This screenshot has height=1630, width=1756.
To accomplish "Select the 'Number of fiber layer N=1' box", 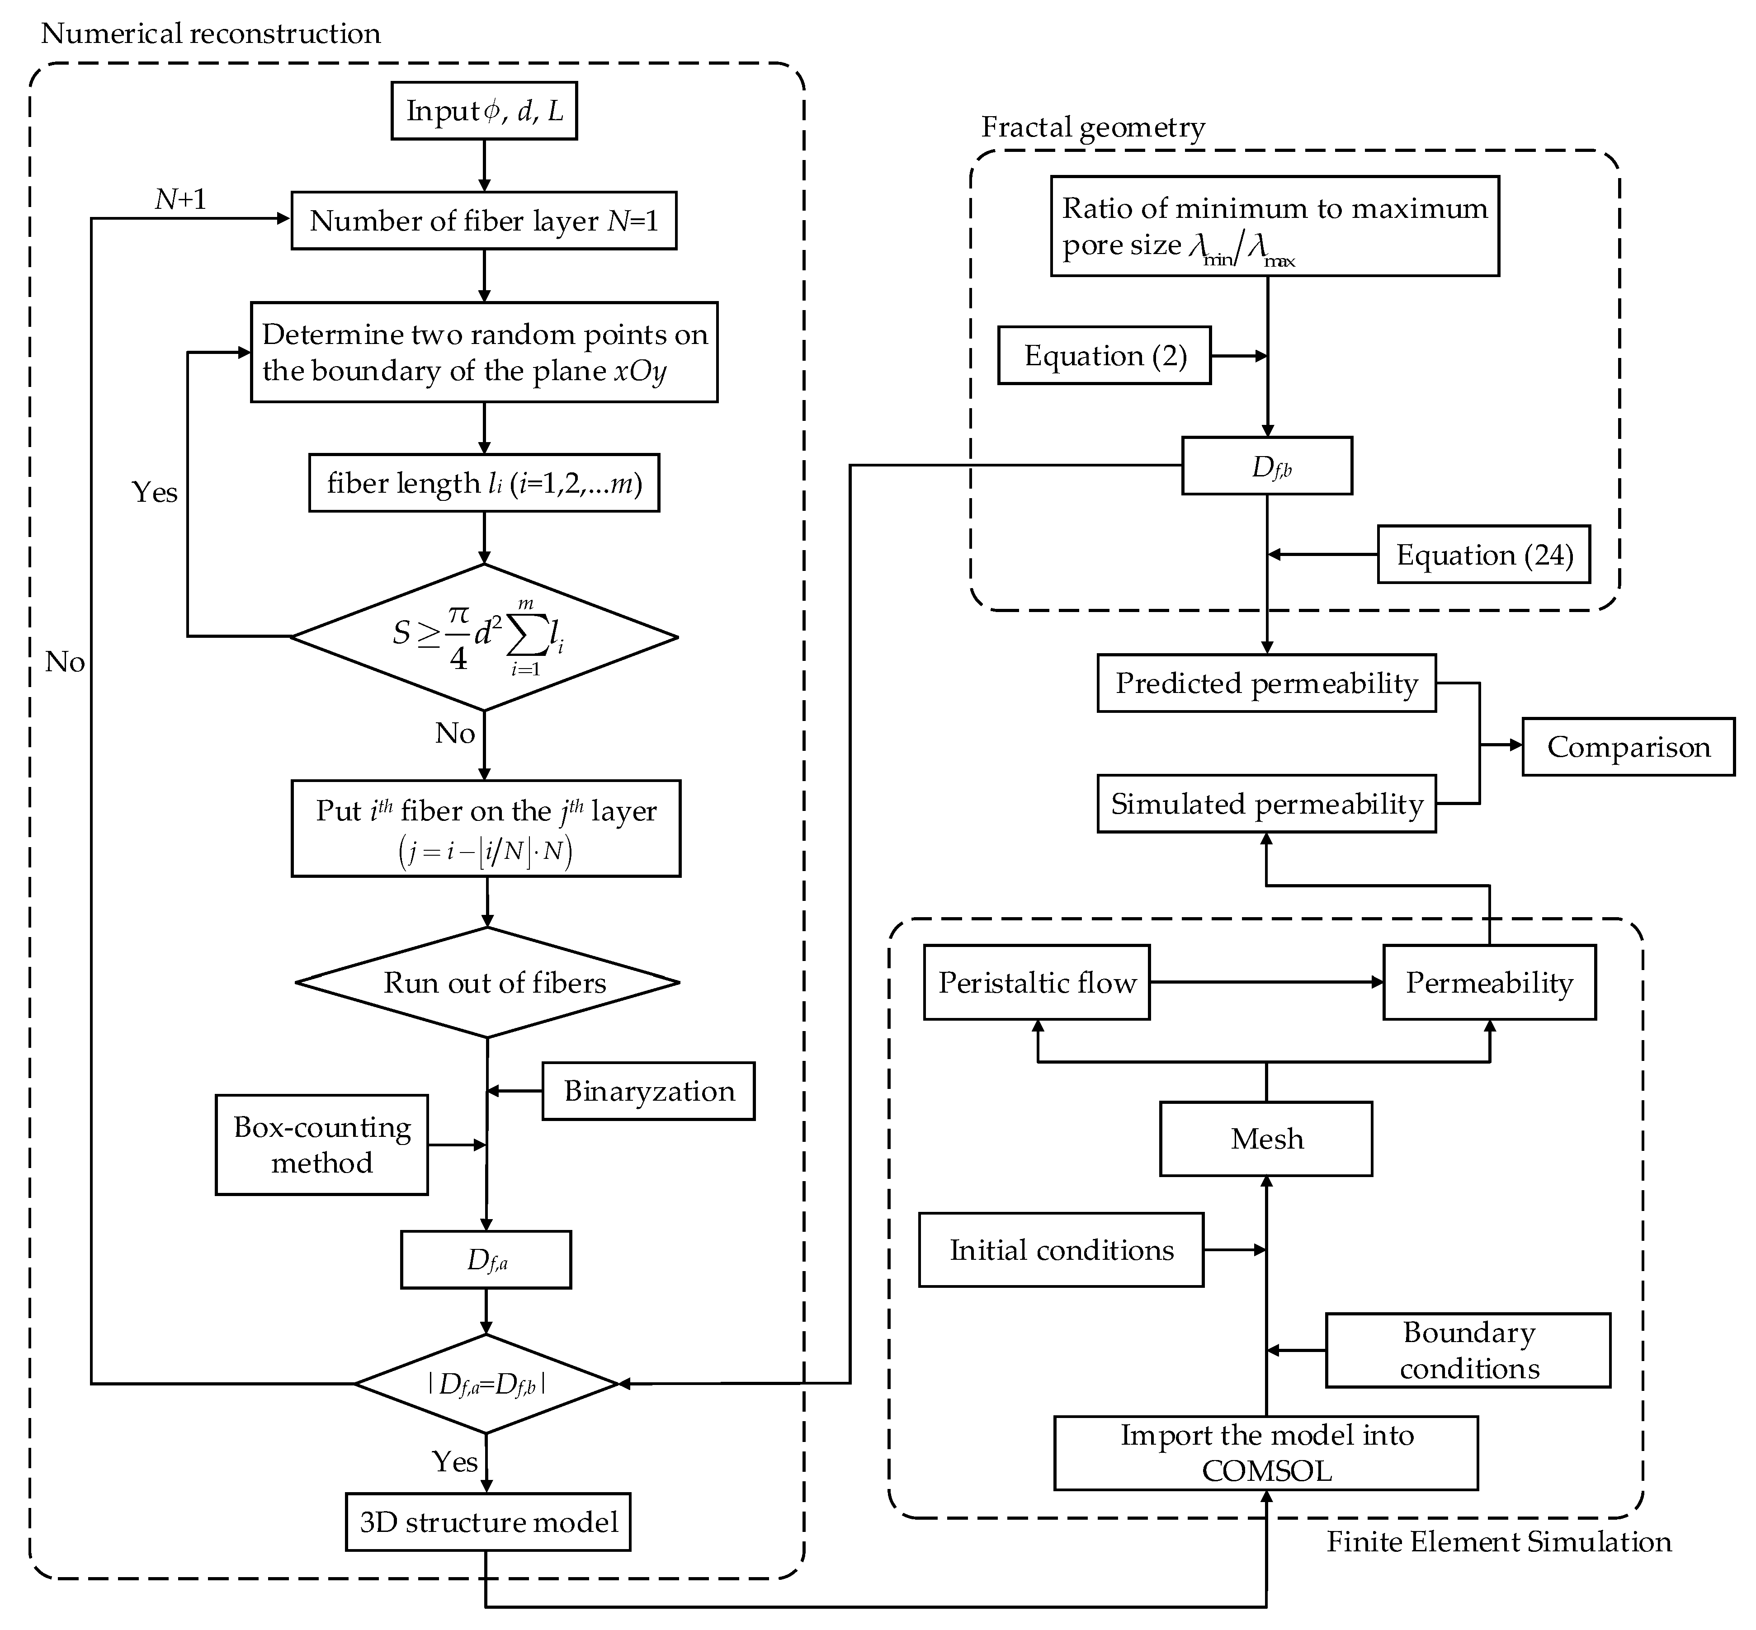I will [483, 221].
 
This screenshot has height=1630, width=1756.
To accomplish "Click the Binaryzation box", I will [648, 1091].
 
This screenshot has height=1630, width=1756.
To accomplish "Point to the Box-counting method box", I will [322, 1145].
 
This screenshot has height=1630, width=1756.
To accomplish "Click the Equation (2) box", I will [1104, 355].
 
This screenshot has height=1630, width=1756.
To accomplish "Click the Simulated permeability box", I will [1265, 804].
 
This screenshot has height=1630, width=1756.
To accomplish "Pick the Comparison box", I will [1627, 747].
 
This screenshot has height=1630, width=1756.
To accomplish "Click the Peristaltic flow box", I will [1036, 983].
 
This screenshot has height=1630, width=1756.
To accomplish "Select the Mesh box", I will [1265, 1139].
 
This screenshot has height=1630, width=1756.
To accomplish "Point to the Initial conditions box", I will [1061, 1250].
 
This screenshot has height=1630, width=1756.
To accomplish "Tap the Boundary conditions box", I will [1468, 1350].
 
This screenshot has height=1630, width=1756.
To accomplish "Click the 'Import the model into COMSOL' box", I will [1265, 1454].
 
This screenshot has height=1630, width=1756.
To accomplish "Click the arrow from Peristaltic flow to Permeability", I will [1265, 983].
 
